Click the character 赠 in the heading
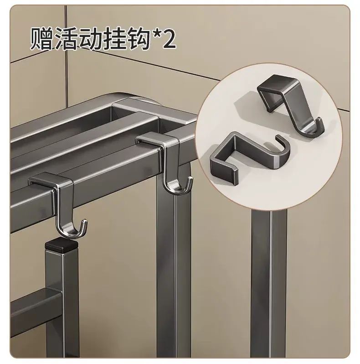[x=41, y=38]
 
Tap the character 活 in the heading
[x=66, y=38]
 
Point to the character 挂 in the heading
[x=114, y=38]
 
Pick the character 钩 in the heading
[x=138, y=38]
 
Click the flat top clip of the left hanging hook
[x=50, y=179]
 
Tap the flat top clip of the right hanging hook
[x=158, y=139]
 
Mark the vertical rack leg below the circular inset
[x=269, y=283]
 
